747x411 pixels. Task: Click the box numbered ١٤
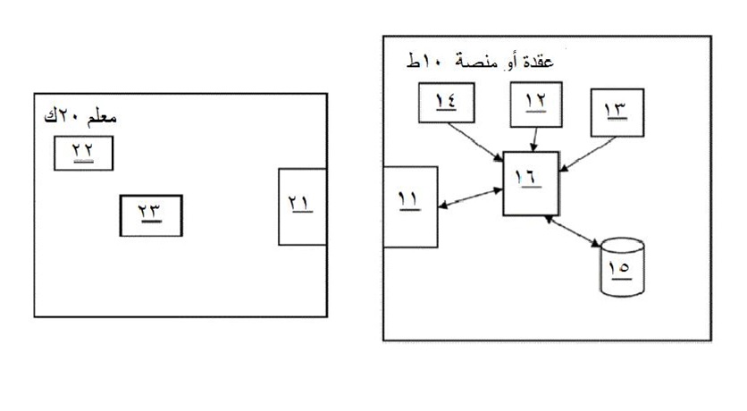tap(444, 104)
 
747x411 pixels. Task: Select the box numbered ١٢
tap(535, 105)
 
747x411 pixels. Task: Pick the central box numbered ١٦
tap(531, 183)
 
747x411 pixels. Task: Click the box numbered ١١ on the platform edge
tap(409, 205)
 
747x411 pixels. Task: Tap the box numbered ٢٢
tap(84, 152)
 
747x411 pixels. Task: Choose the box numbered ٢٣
tap(150, 214)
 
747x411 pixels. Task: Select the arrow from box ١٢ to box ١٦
tap(533, 138)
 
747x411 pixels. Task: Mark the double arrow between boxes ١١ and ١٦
tap(470, 197)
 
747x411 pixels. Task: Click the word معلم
tap(100, 118)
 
